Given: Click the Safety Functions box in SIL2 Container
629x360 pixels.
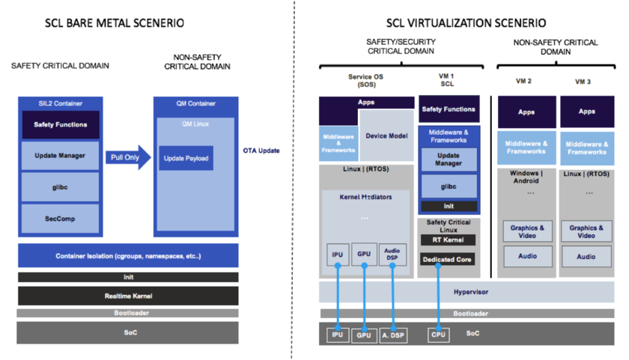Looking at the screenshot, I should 61,124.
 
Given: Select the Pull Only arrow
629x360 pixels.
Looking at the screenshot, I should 127,157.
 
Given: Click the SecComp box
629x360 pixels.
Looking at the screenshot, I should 61,218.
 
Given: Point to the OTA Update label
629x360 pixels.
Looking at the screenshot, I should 261,150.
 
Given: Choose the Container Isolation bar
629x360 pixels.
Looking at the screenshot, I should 127,256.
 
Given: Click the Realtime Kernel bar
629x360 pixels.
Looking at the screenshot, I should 127,296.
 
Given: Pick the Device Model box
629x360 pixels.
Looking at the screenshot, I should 386,136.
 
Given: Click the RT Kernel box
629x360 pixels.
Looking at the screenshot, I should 448,240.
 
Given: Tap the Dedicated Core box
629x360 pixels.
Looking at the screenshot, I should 448,260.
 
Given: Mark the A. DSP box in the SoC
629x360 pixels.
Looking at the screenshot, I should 392,335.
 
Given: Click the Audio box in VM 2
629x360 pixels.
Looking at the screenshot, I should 526,256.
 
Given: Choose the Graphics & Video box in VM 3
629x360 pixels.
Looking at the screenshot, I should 586,231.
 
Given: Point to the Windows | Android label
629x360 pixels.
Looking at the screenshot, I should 526,177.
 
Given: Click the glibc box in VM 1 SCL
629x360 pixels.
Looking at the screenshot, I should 448,186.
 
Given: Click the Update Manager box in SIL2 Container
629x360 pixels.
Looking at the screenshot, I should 61,156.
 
